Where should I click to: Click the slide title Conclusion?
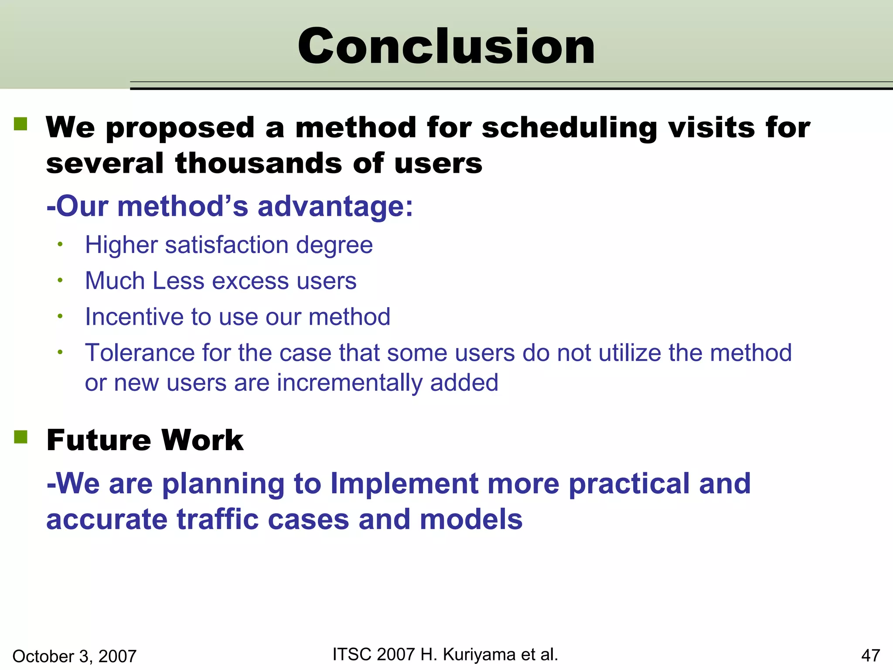click(446, 46)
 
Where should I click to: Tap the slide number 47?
click(871, 656)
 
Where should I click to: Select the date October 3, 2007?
click(75, 656)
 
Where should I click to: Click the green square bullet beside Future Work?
click(20, 437)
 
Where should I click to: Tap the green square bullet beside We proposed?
click(20, 124)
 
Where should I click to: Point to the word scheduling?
click(569, 128)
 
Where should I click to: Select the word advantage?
click(335, 206)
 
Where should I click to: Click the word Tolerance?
click(140, 352)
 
